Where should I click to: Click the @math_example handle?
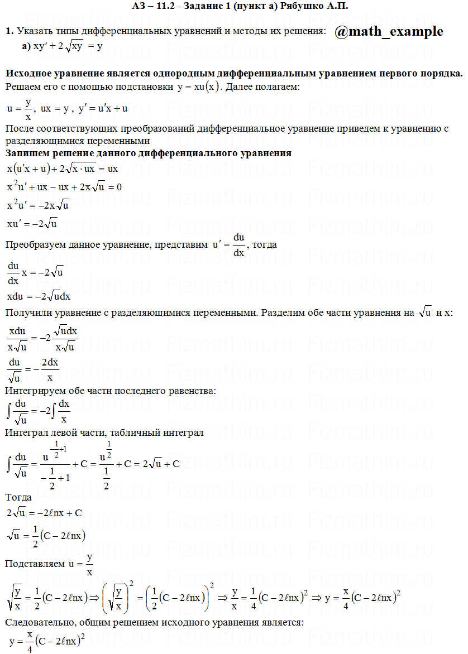pos(389,32)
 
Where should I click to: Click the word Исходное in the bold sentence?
pos(28,74)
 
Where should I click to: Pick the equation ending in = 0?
pos(64,187)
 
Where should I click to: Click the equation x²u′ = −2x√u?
pos(38,205)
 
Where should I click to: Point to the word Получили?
pos(28,312)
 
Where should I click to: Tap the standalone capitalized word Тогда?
pos(18,497)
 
